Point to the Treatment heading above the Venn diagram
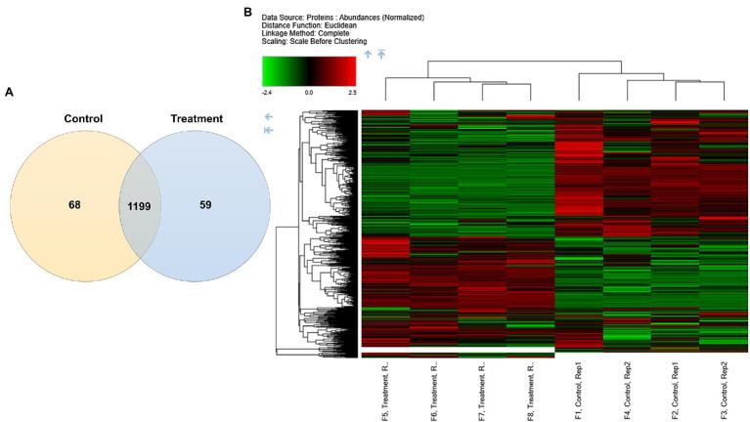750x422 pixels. coord(196,118)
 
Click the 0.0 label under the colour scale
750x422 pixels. coord(308,91)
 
